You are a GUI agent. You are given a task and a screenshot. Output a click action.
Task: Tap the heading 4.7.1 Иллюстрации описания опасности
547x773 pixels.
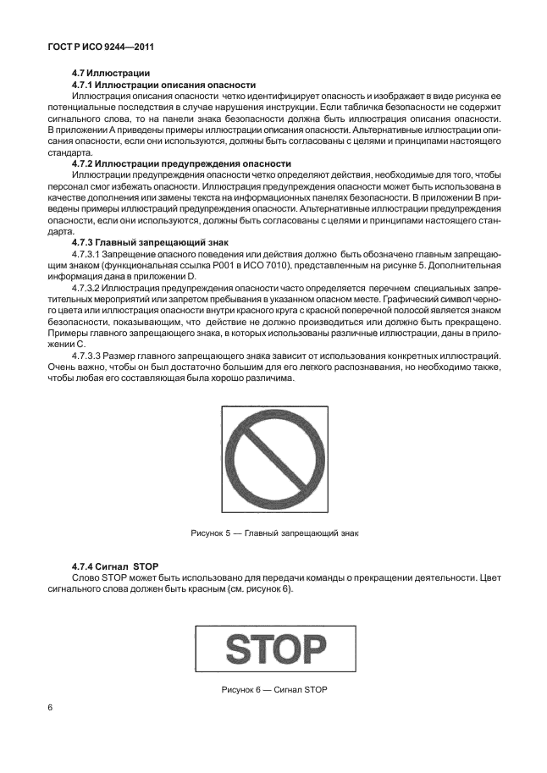click(x=163, y=86)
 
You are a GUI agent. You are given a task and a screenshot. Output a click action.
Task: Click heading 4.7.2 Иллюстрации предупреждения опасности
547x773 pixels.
click(x=181, y=163)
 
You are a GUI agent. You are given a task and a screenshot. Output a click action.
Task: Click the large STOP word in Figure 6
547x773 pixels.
click(x=274, y=650)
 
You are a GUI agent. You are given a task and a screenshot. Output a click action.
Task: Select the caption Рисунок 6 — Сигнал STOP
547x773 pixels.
click(x=273, y=690)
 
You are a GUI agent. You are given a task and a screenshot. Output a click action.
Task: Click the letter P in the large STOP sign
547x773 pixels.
click(x=312, y=650)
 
